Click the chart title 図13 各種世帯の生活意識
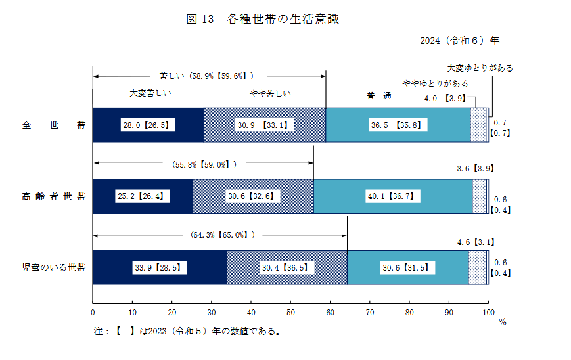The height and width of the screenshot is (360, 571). coord(263,20)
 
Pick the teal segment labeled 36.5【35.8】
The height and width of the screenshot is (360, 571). coord(398,125)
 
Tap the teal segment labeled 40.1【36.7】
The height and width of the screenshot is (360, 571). coord(392,196)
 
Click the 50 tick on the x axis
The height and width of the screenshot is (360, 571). coord(290,312)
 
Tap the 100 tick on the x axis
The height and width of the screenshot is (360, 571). coord(488,312)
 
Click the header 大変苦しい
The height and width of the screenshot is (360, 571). coord(148,93)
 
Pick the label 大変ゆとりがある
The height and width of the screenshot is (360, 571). coord(480,68)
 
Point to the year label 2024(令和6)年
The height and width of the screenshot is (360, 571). coord(459,41)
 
